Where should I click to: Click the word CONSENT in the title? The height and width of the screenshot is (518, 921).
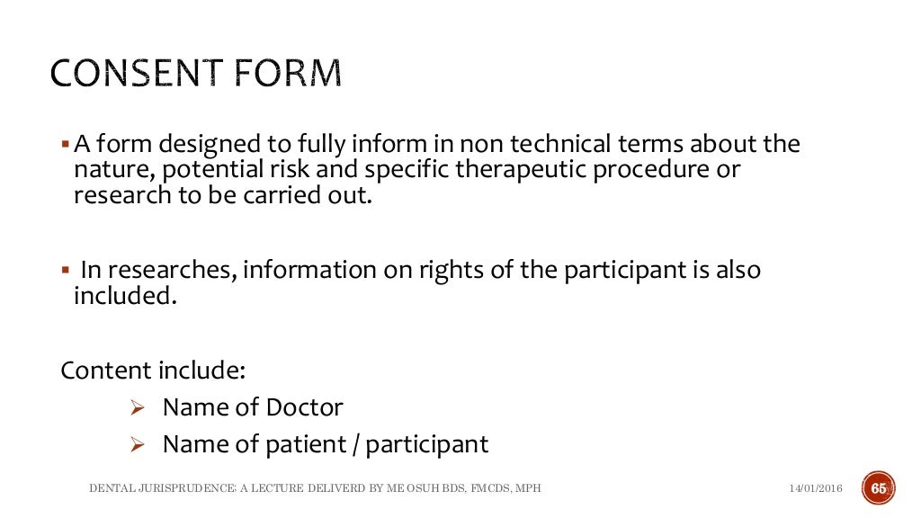pyautogui.click(x=140, y=74)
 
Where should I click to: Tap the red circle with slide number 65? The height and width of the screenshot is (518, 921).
pyautogui.click(x=878, y=487)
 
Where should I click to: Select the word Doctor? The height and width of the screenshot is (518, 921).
pyautogui.click(x=304, y=407)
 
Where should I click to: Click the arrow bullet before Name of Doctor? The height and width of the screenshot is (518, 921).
pyautogui.click(x=137, y=408)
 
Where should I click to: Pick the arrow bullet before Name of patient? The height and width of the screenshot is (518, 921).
pyautogui.click(x=137, y=444)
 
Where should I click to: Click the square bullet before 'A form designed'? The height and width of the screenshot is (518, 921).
pyautogui.click(x=65, y=144)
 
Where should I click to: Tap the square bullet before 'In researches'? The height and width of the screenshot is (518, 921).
pyautogui.click(x=65, y=270)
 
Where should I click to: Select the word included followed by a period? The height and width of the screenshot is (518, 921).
pyautogui.click(x=121, y=297)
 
